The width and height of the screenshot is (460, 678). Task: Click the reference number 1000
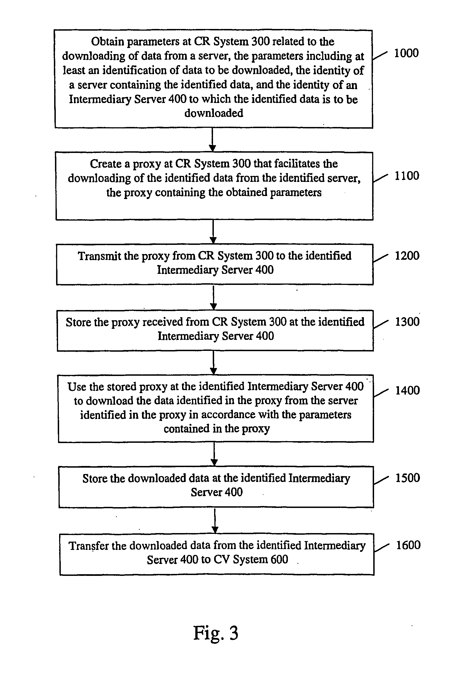pyautogui.click(x=406, y=53)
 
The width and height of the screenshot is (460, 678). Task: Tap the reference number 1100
pyautogui.click(x=407, y=176)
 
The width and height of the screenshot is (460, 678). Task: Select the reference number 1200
pyautogui.click(x=407, y=256)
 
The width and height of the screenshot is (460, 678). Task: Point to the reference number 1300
pyautogui.click(x=407, y=322)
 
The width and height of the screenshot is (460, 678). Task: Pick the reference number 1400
pyautogui.click(x=408, y=390)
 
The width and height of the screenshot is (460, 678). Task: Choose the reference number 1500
pyautogui.click(x=408, y=478)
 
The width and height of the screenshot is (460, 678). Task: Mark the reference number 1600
pyautogui.click(x=408, y=545)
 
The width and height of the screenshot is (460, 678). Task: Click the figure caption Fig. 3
pyautogui.click(x=216, y=633)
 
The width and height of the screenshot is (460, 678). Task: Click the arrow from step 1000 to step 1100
pyautogui.click(x=213, y=140)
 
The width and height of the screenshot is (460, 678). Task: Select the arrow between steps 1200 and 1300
pyautogui.click(x=213, y=297)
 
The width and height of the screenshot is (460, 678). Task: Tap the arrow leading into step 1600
pyautogui.click(x=215, y=521)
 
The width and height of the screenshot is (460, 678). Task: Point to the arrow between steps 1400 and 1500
pyautogui.click(x=214, y=454)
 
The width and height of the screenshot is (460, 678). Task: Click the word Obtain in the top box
pyautogui.click(x=107, y=41)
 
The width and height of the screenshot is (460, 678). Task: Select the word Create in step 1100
pyautogui.click(x=106, y=164)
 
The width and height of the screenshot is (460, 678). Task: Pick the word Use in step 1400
pyautogui.click(x=77, y=387)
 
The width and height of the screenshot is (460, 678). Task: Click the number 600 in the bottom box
pyautogui.click(x=279, y=559)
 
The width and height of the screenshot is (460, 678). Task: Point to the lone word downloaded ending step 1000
pyautogui.click(x=214, y=113)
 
